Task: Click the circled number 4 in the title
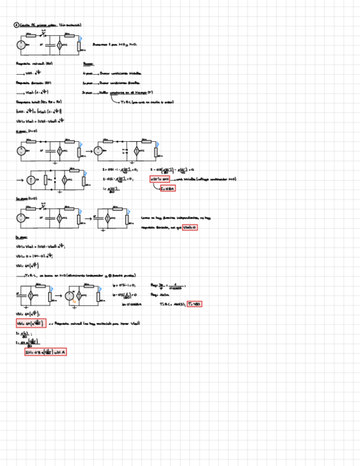pyautogui.click(x=16, y=25)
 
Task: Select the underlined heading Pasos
pyautogui.click(x=88, y=63)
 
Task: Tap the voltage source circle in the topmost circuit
pyautogui.click(x=21, y=46)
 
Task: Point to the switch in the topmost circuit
pyautogui.click(x=43, y=34)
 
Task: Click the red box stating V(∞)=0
pyautogui.click(x=190, y=228)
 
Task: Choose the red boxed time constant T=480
pyautogui.click(x=195, y=304)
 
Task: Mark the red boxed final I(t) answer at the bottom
pyautogui.click(x=46, y=352)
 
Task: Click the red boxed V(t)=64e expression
pyautogui.click(x=31, y=323)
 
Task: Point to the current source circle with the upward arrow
pyautogui.click(x=31, y=180)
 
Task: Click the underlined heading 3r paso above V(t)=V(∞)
pyautogui.click(x=20, y=237)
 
